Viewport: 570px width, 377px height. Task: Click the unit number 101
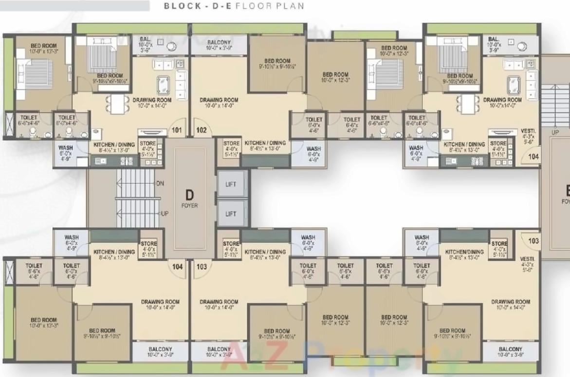pyautogui.click(x=176, y=130)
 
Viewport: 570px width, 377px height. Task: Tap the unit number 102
pyautogui.click(x=202, y=130)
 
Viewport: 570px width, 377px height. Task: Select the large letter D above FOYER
pyautogui.click(x=190, y=195)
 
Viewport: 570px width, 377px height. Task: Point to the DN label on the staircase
pyautogui.click(x=160, y=183)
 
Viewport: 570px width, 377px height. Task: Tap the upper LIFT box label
pyautogui.click(x=231, y=184)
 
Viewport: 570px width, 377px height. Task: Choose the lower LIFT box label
pyautogui.click(x=231, y=214)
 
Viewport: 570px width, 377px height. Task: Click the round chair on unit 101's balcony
pyautogui.click(x=170, y=46)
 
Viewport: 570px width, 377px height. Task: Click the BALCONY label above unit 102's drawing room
pyautogui.click(x=218, y=42)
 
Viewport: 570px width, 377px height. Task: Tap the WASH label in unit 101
pyautogui.click(x=66, y=148)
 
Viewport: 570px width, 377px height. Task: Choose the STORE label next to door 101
pyautogui.click(x=148, y=144)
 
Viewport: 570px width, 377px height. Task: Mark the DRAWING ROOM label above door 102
pyautogui.click(x=219, y=100)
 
